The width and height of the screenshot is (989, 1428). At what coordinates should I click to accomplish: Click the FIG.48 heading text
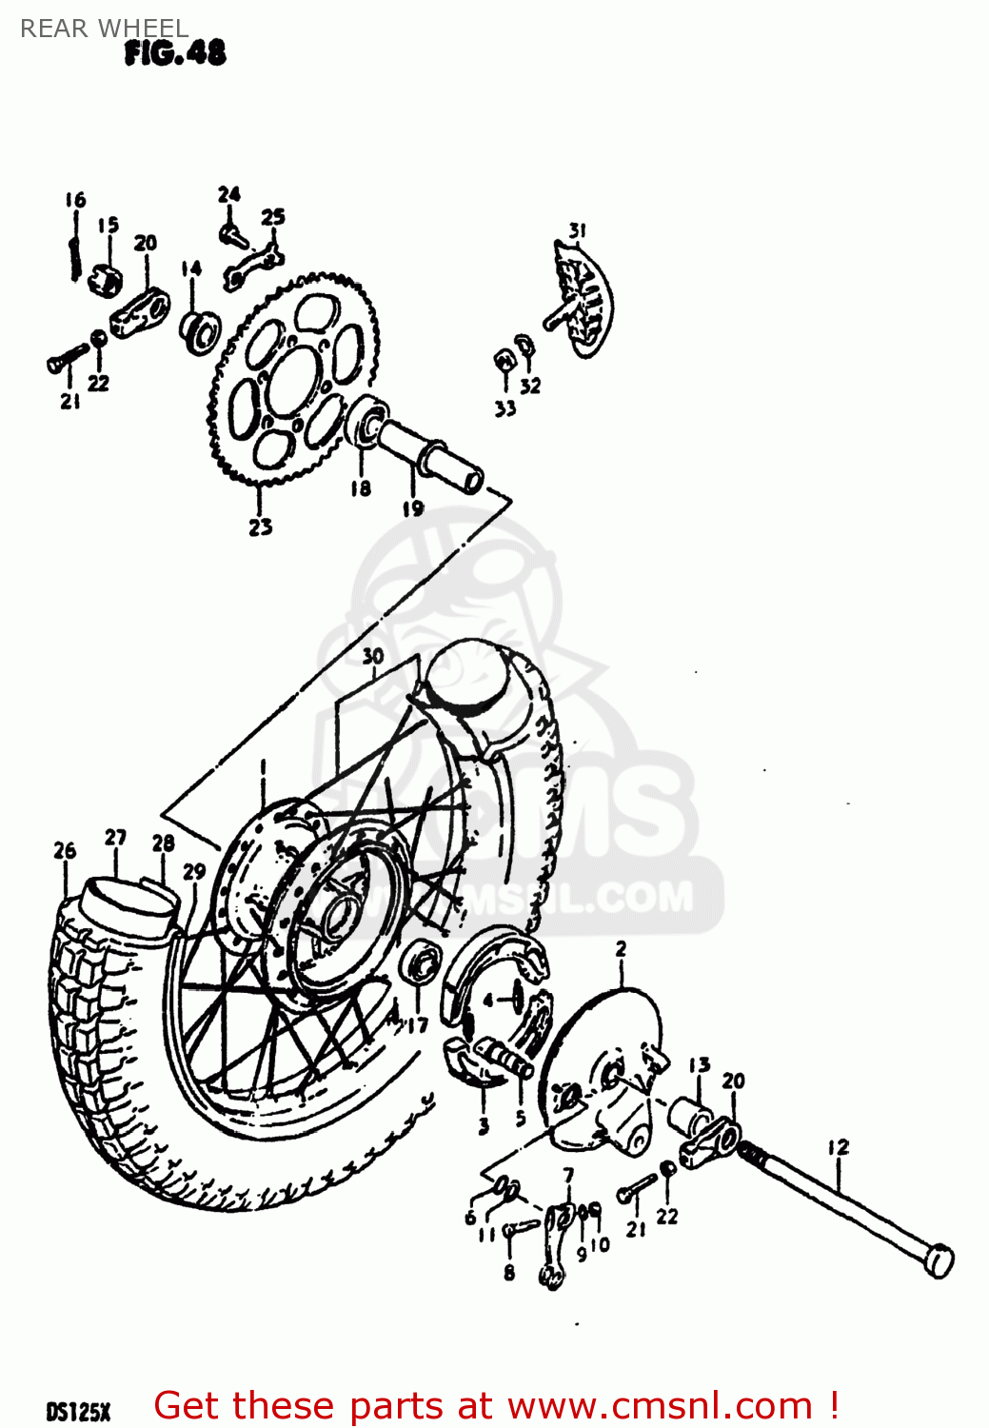point(175,53)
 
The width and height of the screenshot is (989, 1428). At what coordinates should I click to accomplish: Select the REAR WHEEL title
point(104,29)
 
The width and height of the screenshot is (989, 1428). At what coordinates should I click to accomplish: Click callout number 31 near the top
point(577,230)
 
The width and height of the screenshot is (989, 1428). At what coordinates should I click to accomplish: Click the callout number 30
point(372,656)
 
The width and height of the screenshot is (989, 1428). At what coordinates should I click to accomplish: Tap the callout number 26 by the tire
point(64,850)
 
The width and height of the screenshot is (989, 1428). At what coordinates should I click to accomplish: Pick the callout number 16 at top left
point(75,200)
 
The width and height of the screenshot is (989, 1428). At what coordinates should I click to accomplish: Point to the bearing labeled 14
point(200,329)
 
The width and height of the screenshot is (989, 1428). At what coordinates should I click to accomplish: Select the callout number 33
point(504,408)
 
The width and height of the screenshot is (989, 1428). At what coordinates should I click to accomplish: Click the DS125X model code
point(78,1411)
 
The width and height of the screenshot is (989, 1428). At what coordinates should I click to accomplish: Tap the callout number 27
point(115,837)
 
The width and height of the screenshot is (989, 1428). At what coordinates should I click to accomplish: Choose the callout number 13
point(699,1064)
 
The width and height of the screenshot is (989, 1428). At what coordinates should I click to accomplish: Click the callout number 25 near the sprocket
point(273,217)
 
